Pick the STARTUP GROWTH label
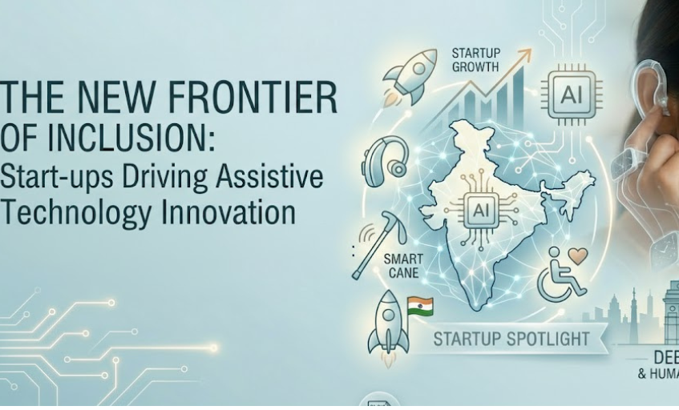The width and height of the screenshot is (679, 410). (x=475, y=60)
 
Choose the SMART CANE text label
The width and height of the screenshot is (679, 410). (x=403, y=266)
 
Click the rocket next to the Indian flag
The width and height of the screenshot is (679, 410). (x=386, y=324)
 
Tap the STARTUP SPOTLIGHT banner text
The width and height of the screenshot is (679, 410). (x=511, y=339)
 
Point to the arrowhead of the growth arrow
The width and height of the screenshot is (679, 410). (x=525, y=54)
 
